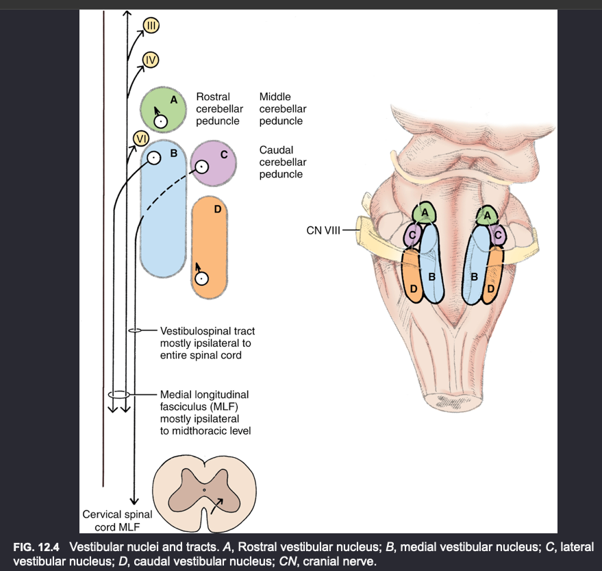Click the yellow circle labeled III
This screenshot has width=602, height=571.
[x=151, y=27]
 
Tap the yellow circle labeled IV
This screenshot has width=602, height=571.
[x=151, y=60]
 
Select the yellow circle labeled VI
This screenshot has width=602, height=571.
[x=140, y=138]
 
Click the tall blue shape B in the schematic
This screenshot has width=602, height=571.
[x=164, y=219]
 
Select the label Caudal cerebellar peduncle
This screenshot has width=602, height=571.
[x=282, y=162]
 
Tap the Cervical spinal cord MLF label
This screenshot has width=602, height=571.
[x=117, y=520]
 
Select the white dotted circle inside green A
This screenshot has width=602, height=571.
[x=160, y=121]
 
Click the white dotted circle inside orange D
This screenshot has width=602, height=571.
[x=201, y=278]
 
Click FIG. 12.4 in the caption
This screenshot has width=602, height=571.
[x=37, y=548]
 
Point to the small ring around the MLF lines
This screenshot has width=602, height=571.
[x=118, y=395]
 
